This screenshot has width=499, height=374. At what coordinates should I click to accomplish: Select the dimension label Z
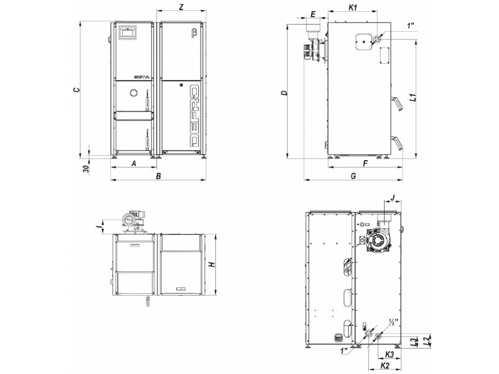click(x=181, y=7)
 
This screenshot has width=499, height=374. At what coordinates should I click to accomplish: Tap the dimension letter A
click(x=134, y=164)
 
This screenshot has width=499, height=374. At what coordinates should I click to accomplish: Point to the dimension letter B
click(x=158, y=176)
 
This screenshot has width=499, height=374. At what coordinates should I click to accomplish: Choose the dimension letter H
click(x=211, y=264)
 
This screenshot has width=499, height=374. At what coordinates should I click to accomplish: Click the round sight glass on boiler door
click(x=133, y=93)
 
